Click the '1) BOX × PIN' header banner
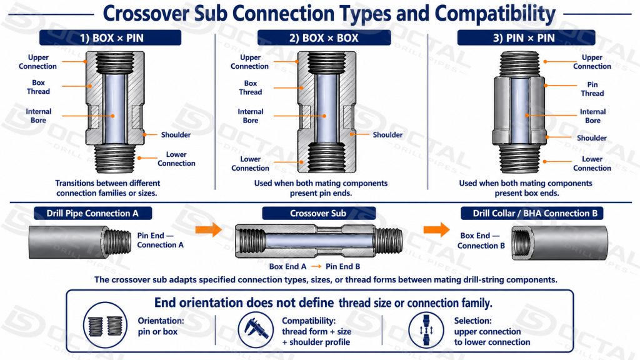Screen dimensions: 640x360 (110, 38)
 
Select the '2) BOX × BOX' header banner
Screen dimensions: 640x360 (324, 38)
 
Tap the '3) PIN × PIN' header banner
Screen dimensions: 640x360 (526, 38)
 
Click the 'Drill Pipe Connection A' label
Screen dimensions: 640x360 (92, 213)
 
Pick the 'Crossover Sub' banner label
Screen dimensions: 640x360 (318, 213)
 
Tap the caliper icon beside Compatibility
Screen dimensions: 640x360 (256, 330)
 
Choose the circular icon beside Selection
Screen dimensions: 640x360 (426, 330)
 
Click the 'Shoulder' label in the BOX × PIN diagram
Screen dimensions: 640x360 (176, 135)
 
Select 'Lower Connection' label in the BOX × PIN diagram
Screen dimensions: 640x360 (176, 159)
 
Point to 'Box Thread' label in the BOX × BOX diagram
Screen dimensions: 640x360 (251, 87)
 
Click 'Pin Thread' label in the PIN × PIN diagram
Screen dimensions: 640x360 (592, 89)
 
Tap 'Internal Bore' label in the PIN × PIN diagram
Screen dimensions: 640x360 (592, 116)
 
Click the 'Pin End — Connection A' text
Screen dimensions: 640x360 (161, 240)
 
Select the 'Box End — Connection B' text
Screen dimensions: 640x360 (481, 241)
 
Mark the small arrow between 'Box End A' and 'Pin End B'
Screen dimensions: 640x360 (316, 266)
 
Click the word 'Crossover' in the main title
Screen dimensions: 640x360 (146, 14)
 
